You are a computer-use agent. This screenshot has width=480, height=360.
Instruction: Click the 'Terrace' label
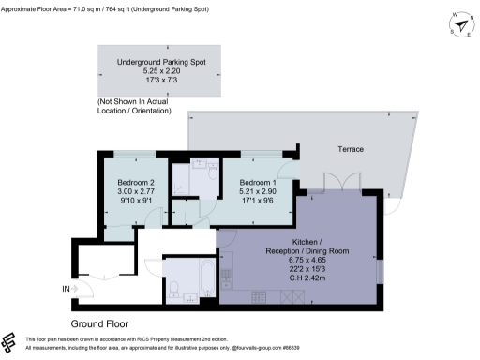point(351,149)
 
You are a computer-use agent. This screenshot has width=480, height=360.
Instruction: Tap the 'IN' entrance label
point(65,290)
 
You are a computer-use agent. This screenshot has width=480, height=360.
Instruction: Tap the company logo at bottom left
point(11,341)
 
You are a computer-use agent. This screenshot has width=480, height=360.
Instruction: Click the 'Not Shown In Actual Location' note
point(134,106)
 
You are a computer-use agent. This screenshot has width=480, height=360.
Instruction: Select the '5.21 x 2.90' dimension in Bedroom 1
point(257,190)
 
